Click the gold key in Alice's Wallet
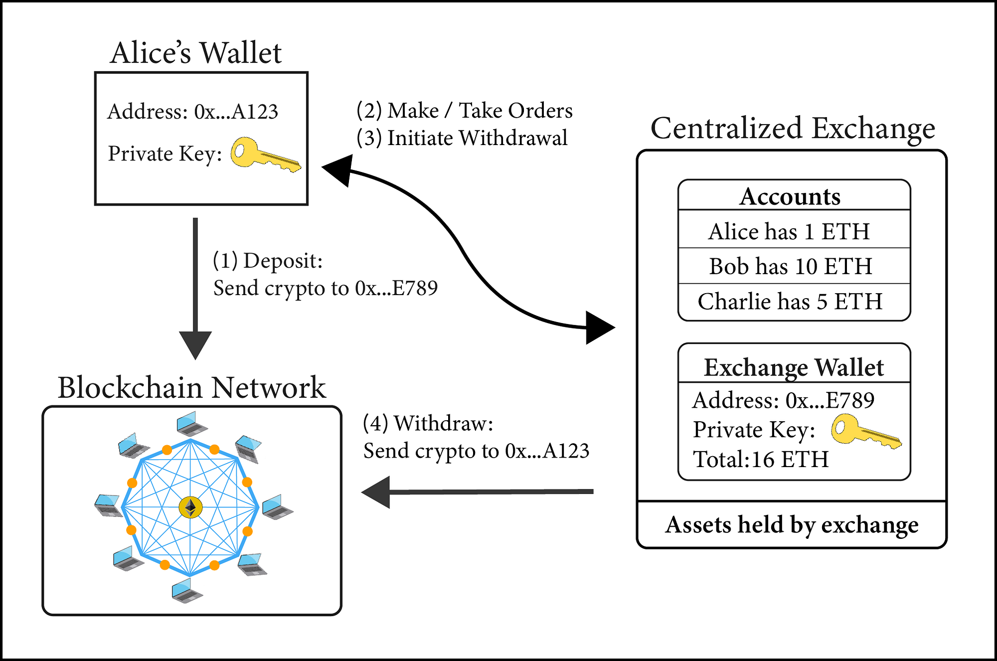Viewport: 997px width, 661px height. pos(264,155)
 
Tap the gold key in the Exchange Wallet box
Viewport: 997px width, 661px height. pos(865,432)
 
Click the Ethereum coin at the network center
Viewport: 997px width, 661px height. pos(190,507)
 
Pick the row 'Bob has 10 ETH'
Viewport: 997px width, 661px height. pos(791,266)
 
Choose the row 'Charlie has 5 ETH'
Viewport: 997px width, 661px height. pos(790,301)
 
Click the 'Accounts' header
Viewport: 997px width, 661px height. pos(790,196)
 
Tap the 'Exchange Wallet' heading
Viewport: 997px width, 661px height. pos(794,367)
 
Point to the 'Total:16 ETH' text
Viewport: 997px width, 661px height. pos(761,459)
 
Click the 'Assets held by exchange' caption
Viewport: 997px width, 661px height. pos(792,524)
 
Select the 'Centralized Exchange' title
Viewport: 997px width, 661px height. pos(793,128)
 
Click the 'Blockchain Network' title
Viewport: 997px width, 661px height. pos(191,387)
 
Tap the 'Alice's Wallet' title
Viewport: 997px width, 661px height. pos(196,53)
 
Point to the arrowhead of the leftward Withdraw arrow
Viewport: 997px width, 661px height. pos(376,492)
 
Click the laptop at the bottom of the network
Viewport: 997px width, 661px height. pos(186,590)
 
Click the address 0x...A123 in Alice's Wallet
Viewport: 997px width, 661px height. pos(236,112)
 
